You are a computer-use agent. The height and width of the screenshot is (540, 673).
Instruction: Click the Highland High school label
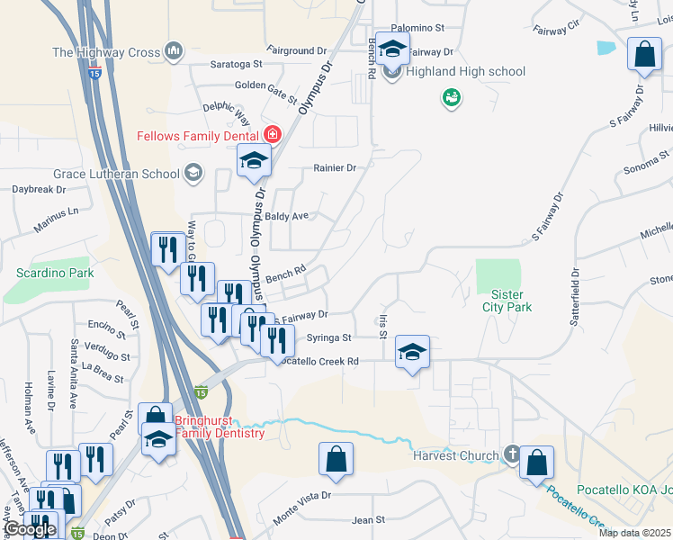[x=465, y=72]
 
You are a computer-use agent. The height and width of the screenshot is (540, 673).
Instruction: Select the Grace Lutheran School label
[x=116, y=173]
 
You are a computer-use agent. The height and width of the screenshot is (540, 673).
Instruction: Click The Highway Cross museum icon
[x=175, y=52]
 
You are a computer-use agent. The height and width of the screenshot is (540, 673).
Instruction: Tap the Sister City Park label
[x=511, y=301]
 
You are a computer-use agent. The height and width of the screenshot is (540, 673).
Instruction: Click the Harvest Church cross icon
[x=512, y=454]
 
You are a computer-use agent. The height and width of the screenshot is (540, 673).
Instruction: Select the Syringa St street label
[x=328, y=338]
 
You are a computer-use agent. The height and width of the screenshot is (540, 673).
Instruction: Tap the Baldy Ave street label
[x=287, y=216]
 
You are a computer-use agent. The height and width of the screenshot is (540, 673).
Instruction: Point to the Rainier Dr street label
[x=335, y=167]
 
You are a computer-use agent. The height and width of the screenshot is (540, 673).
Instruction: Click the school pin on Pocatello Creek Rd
[x=412, y=352]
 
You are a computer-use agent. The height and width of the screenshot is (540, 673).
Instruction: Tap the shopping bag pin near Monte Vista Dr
[x=336, y=458]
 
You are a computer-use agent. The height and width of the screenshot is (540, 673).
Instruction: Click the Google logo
[x=30, y=529]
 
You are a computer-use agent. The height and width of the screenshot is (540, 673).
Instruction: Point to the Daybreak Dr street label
[x=39, y=190]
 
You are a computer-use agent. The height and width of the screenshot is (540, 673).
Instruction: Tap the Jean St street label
[x=368, y=520]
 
